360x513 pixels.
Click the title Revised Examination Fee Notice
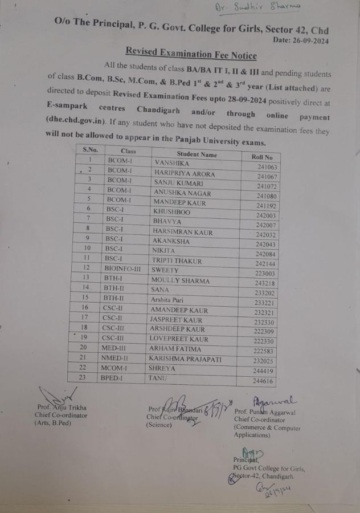click(x=191, y=55)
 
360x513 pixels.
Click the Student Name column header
click(x=197, y=154)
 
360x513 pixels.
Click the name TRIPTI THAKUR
click(x=177, y=261)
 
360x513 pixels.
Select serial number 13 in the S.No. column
click(x=85, y=278)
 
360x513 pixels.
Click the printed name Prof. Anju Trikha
click(x=62, y=408)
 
